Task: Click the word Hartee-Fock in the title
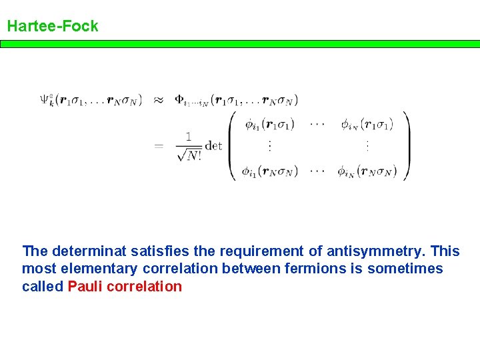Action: click(53, 27)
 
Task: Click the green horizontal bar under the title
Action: click(240, 44)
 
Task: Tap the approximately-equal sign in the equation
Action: click(159, 101)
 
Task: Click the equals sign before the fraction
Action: click(159, 146)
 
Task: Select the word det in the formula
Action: click(213, 146)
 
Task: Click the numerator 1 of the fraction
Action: click(189, 137)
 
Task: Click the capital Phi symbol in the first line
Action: click(179, 100)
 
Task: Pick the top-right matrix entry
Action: click(365, 124)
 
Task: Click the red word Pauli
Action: click(85, 287)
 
